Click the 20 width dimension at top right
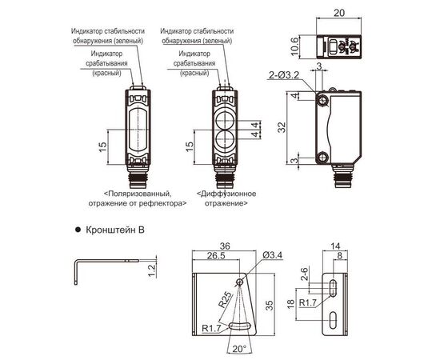pos(338,13)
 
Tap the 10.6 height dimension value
pos(294,46)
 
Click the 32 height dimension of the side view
pos(282,128)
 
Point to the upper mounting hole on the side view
pos(322,101)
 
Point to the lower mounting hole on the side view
pos(322,157)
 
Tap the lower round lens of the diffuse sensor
pos(225,139)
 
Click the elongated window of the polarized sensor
pos(138,130)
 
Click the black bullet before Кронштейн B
pos(78,230)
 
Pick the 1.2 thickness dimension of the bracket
pos(151,270)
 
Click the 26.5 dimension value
pos(216,256)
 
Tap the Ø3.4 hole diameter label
pos(273,255)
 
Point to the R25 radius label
pos(226,300)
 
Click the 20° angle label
pos(239,349)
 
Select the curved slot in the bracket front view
pos(240,326)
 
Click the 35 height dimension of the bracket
pos(269,306)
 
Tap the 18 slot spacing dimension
pos(291,303)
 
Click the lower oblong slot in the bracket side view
pos(333,320)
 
